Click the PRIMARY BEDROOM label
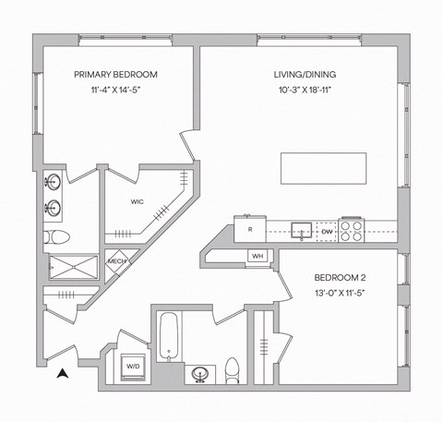pos(115,75)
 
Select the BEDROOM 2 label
pos(341,278)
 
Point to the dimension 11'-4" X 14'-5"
pos(115,91)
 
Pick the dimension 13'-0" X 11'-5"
pos(341,295)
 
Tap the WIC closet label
pos(137,201)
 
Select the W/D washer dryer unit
pos(133,367)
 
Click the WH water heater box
pos(257,257)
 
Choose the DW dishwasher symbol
pos(327,231)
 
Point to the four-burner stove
pos(352,230)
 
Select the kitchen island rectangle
pos(323,170)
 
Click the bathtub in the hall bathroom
pos(168,339)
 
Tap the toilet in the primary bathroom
pos(54,237)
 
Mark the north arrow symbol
pos(63,374)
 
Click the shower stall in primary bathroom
pos(72,268)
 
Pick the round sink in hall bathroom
pos(199,374)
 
